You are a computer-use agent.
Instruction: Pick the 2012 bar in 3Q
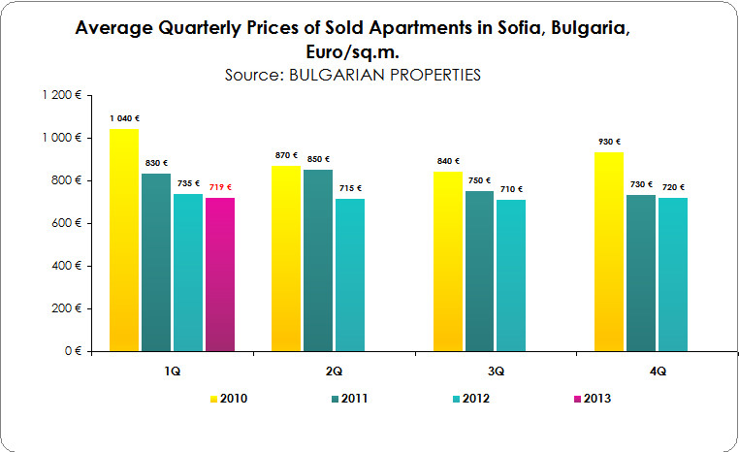click(x=511, y=275)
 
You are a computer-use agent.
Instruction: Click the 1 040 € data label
click(x=124, y=118)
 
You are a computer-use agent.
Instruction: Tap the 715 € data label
click(x=350, y=188)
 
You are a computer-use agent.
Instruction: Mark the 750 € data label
click(x=479, y=180)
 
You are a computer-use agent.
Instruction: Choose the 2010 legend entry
click(x=227, y=398)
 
